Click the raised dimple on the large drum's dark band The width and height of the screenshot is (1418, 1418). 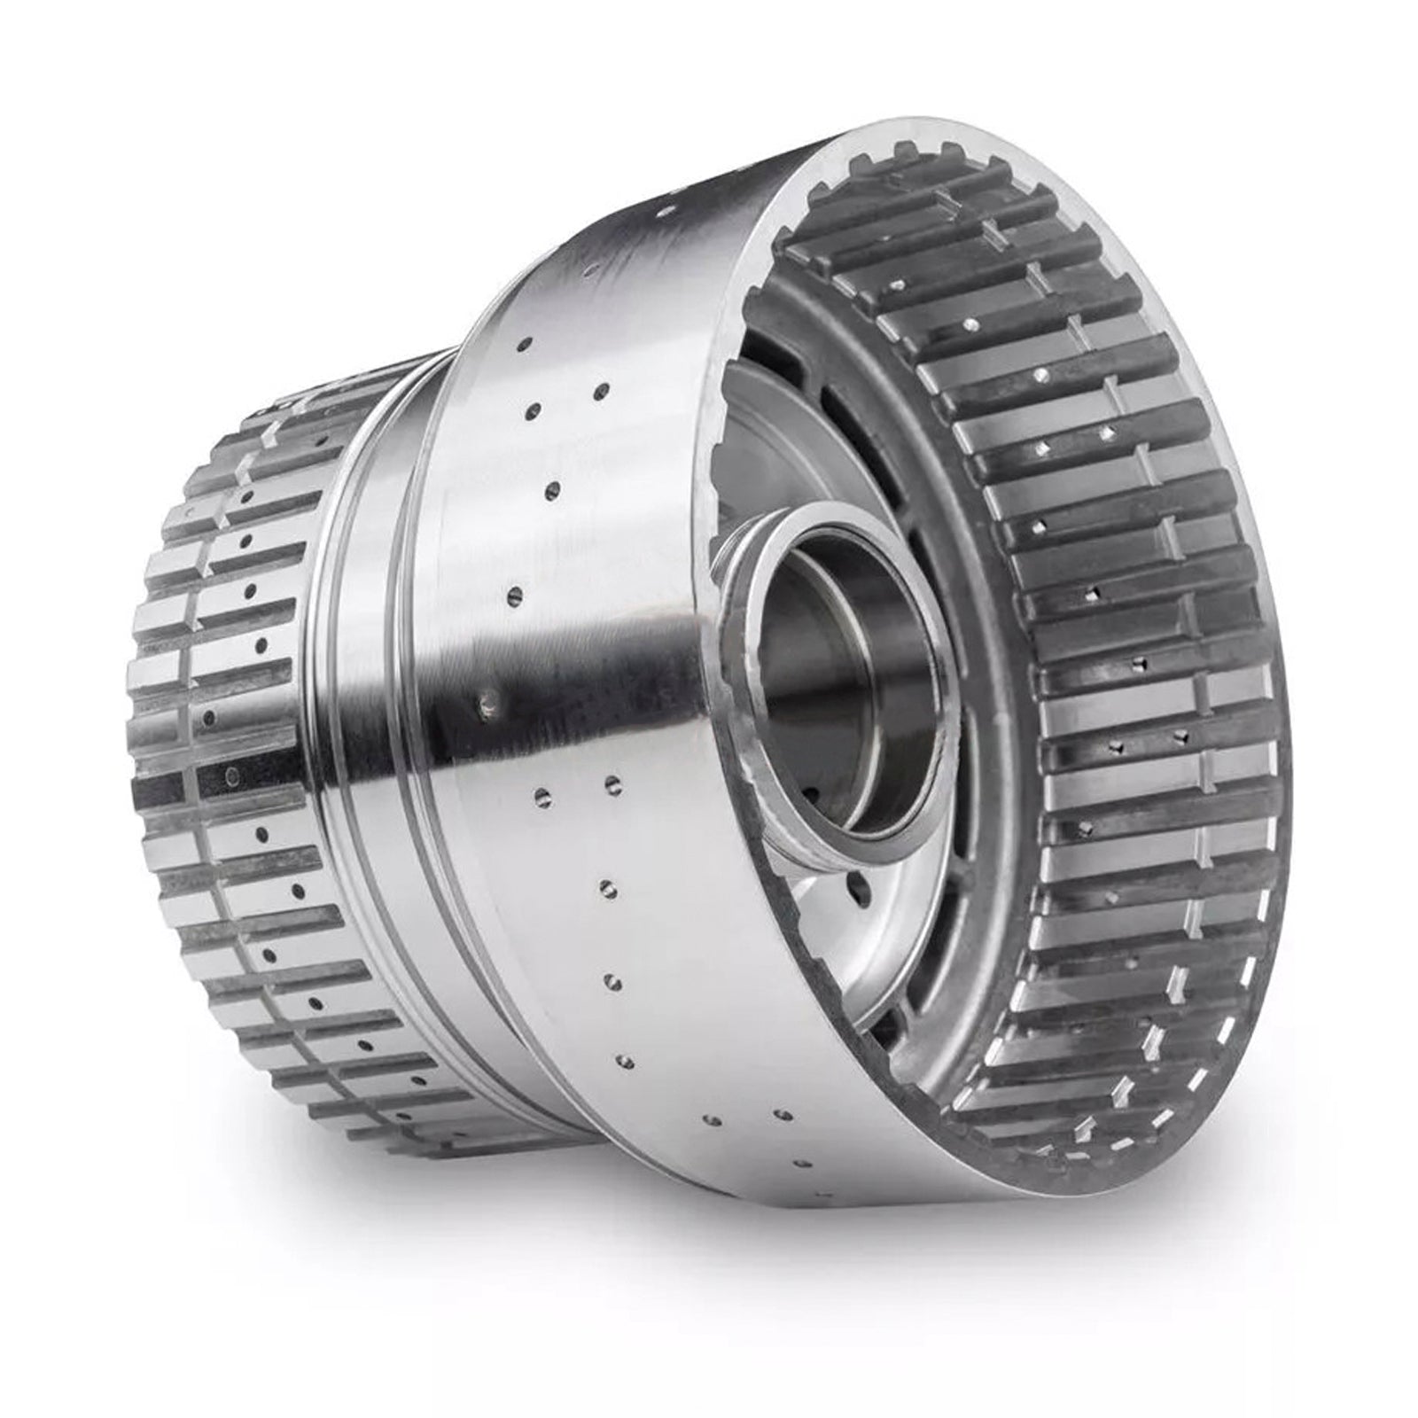point(486,705)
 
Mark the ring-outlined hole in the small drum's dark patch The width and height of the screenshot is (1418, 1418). point(231,778)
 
